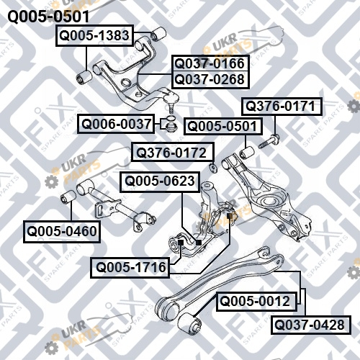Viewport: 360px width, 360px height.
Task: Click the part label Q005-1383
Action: click(x=94, y=35)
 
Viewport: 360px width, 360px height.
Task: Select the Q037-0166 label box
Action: click(x=210, y=63)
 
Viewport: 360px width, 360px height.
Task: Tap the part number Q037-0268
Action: click(x=210, y=80)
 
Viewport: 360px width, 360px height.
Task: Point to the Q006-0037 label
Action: click(x=116, y=124)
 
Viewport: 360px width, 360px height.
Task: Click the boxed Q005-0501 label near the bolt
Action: click(x=223, y=126)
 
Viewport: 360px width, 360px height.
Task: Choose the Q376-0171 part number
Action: click(x=282, y=107)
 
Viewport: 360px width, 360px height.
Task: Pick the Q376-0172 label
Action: click(x=172, y=152)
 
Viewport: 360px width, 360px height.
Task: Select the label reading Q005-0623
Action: click(x=160, y=181)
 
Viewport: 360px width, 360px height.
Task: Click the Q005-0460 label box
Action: click(x=62, y=232)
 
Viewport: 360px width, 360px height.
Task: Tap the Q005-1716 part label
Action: click(x=130, y=267)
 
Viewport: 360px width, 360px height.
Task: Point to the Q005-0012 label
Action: click(x=256, y=301)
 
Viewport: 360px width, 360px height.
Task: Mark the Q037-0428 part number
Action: click(x=311, y=325)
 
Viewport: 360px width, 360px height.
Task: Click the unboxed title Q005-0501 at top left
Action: click(x=48, y=17)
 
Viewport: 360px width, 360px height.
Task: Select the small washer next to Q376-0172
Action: click(x=213, y=167)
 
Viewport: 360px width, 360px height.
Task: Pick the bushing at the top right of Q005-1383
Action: click(x=158, y=34)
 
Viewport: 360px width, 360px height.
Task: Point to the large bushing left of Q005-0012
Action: click(x=189, y=323)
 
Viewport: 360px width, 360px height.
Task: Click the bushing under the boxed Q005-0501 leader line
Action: click(x=247, y=153)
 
